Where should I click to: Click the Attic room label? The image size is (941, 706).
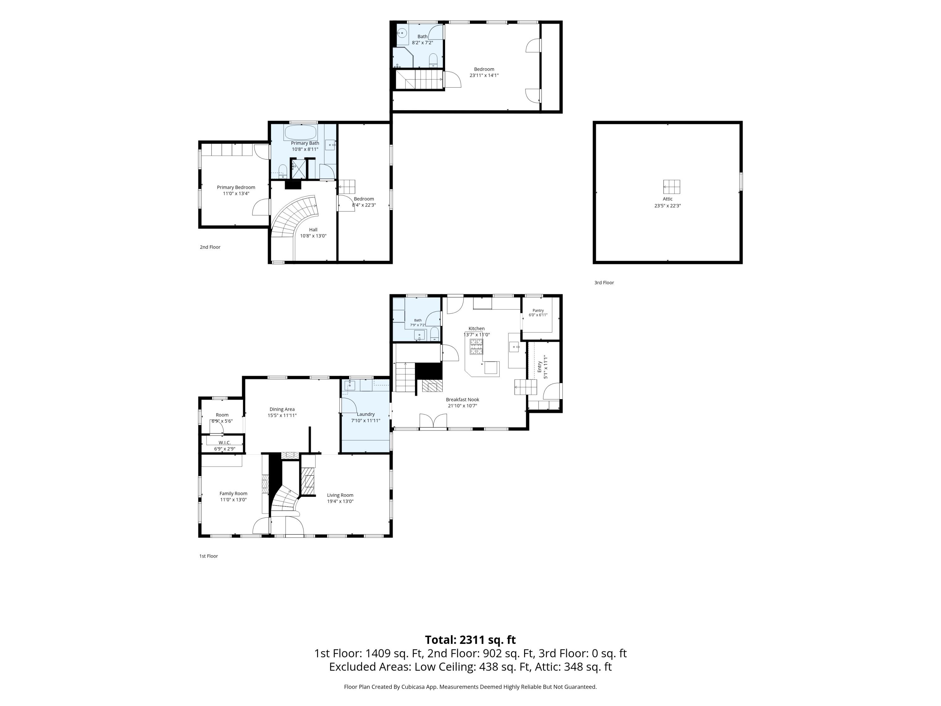pyautogui.click(x=667, y=199)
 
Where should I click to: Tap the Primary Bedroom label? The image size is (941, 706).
pyautogui.click(x=236, y=187)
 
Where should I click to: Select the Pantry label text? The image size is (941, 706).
pyautogui.click(x=538, y=311)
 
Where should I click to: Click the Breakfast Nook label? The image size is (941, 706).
pyautogui.click(x=462, y=400)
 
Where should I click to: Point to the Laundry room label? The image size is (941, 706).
pyautogui.click(x=366, y=414)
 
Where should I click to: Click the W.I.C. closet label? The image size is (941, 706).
pyautogui.click(x=225, y=442)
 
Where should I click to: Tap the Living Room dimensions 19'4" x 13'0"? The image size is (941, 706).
pyautogui.click(x=340, y=501)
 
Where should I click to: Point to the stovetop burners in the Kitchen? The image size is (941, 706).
pyautogui.click(x=476, y=346)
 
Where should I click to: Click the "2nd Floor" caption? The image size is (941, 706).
pyautogui.click(x=210, y=247)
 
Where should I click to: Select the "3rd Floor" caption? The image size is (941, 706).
pyautogui.click(x=604, y=283)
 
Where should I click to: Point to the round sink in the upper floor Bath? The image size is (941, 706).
pyautogui.click(x=402, y=33)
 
